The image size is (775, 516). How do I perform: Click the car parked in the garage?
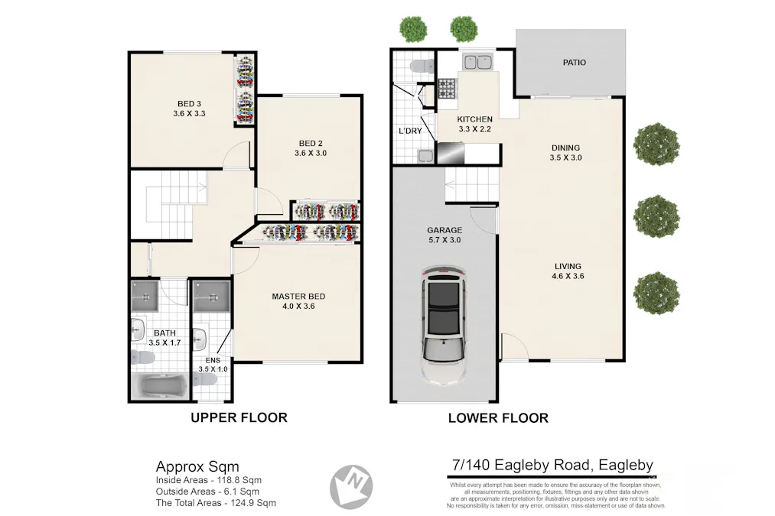444,324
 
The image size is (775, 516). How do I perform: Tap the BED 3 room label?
190,103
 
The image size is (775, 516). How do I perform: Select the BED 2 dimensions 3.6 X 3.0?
311,154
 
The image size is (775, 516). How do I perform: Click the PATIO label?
574,63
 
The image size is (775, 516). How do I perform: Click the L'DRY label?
410,131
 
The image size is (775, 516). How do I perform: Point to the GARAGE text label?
444,230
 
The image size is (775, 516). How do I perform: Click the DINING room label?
565,148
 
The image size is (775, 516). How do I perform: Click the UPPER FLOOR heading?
239,417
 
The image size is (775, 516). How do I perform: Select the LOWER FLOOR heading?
498,418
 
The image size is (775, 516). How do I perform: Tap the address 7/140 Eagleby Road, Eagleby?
552,465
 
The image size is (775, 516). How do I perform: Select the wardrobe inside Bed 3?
246,89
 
